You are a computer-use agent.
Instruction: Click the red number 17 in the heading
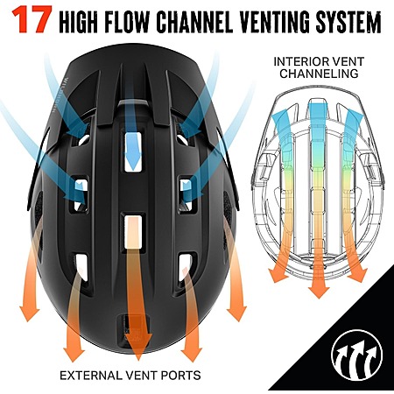(x=32, y=19)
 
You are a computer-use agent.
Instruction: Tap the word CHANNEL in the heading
(x=194, y=22)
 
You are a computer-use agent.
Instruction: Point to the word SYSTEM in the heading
(x=348, y=22)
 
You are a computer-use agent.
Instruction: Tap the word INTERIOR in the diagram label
(x=300, y=61)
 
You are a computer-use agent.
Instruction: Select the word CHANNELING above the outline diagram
(x=319, y=74)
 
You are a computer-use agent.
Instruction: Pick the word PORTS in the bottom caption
(x=180, y=375)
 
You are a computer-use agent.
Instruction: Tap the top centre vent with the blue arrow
(x=133, y=151)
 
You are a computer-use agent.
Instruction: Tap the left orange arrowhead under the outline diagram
(x=278, y=275)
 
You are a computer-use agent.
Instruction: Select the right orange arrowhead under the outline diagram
(x=358, y=275)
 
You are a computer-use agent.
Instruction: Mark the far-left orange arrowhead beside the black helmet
(x=29, y=313)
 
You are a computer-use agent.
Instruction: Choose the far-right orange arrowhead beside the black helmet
(x=237, y=313)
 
